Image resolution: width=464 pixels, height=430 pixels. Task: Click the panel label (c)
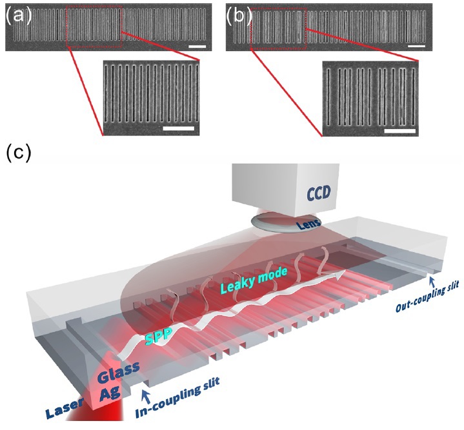click(x=18, y=154)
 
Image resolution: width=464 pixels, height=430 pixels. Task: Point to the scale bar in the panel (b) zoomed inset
click(x=397, y=128)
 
